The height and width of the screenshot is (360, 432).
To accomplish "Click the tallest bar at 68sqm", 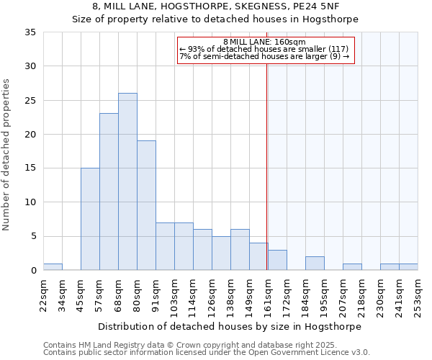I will [x=127, y=181].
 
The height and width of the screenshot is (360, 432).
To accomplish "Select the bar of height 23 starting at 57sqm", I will [x=109, y=192].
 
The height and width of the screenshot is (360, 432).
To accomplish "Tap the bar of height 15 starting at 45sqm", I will [x=90, y=219].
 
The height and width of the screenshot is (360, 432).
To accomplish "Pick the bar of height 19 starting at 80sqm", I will [x=146, y=205].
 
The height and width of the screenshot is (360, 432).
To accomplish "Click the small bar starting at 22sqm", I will [x=53, y=267].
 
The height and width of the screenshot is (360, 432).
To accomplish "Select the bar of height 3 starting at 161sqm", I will [x=277, y=260].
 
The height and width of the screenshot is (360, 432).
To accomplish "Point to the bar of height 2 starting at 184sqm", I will [x=315, y=264].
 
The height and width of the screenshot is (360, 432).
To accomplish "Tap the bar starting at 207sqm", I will [x=352, y=267].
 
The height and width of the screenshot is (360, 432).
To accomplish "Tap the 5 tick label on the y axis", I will [x=33, y=237].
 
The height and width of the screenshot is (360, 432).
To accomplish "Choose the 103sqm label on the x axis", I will [x=174, y=294].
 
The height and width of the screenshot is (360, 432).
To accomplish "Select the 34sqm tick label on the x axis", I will [x=62, y=294].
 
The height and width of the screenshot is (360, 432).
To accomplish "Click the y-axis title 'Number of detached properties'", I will [x=7, y=156].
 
